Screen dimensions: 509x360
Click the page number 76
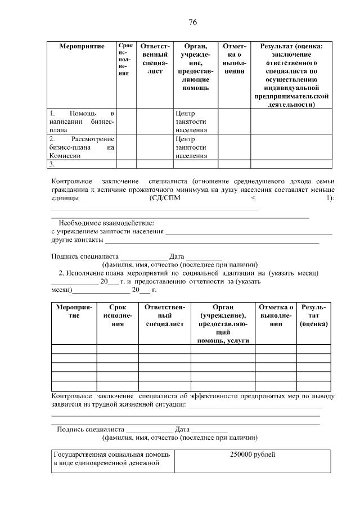(x=192, y=22)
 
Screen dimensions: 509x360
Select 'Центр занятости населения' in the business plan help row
(x=191, y=122)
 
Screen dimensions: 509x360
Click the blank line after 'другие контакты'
(x=211, y=241)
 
